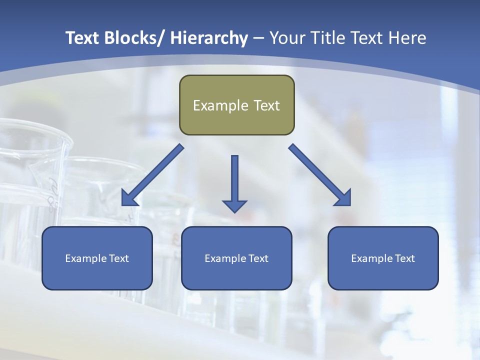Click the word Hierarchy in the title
pos(209,38)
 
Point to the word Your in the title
pos(286,38)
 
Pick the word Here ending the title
pos(408,38)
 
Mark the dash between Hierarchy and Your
pos(258,39)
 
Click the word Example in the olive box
pos(220,105)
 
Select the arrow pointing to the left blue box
pos(152,175)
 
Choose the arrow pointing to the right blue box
pos(320,175)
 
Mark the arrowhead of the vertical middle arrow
pos(234,205)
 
